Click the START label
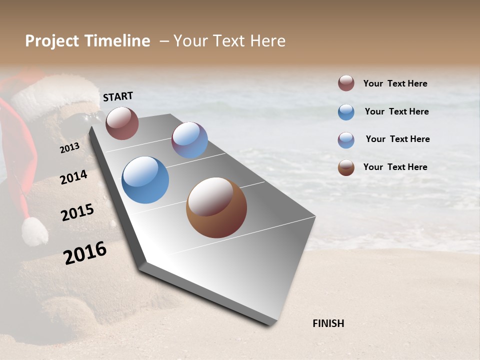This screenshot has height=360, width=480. (x=118, y=96)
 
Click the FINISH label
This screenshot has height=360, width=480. (x=328, y=323)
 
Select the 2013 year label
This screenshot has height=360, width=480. (x=70, y=147)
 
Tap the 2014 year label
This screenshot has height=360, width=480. (x=74, y=177)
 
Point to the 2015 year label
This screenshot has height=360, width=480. (x=77, y=212)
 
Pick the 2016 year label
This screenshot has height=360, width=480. (x=85, y=252)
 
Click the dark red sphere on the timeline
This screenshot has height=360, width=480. (x=122, y=123)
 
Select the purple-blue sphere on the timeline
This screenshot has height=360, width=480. (x=189, y=140)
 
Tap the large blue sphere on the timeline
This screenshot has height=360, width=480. (x=145, y=180)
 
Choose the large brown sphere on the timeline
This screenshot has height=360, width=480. (x=216, y=207)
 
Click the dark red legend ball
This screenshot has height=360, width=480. (x=346, y=83)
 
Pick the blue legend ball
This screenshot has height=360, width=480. (x=346, y=112)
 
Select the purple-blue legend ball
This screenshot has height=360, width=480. (x=346, y=140)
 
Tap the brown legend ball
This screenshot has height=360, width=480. (x=346, y=167)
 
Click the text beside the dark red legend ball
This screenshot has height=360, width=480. (x=395, y=83)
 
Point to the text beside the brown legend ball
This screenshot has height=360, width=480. (x=395, y=167)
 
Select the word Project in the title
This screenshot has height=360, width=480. (x=51, y=41)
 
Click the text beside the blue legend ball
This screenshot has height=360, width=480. (x=396, y=111)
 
